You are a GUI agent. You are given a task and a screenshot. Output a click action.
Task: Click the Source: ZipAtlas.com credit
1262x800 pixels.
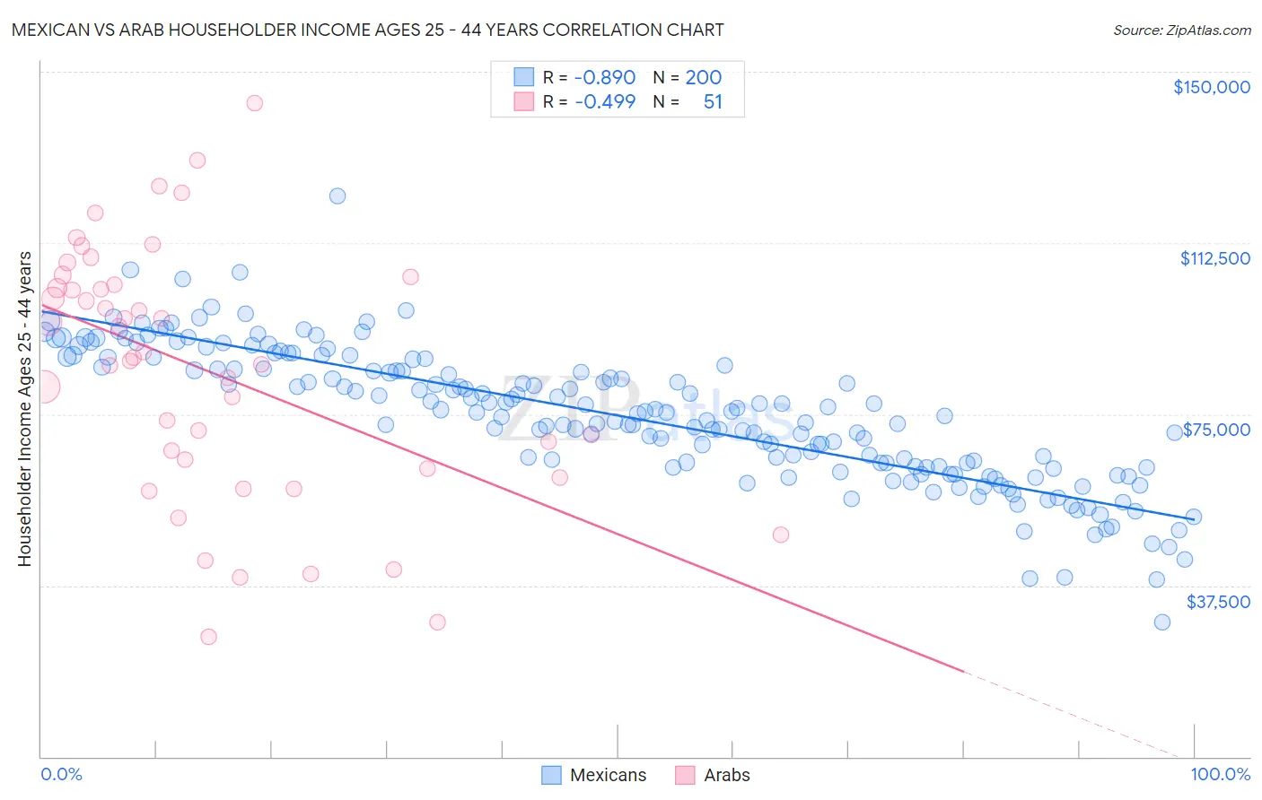click(1181, 30)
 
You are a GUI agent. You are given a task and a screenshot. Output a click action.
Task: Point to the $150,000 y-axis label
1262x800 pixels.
click(1211, 87)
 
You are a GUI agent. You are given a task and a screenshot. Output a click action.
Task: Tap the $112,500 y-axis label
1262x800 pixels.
click(1214, 258)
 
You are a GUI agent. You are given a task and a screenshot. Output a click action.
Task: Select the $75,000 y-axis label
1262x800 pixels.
click(1216, 430)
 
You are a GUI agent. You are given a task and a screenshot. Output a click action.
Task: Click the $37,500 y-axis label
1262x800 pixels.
click(1218, 602)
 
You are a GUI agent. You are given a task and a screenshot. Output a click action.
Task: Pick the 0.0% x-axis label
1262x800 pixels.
click(61, 774)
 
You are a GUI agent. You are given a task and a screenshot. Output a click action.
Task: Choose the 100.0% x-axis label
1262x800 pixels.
click(1220, 774)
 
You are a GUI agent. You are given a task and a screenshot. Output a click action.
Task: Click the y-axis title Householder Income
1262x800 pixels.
click(24, 408)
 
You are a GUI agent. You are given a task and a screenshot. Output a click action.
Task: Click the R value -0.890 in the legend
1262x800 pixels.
click(604, 77)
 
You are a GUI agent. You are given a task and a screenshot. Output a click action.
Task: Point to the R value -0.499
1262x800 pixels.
click(604, 101)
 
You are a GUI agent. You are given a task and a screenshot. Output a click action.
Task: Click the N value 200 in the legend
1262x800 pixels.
click(703, 77)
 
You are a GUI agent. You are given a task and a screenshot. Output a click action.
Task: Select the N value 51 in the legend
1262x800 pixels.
click(713, 101)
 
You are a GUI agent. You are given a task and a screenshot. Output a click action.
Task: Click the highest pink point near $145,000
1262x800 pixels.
click(254, 103)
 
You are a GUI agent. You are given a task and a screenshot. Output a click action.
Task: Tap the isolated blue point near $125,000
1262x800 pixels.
click(337, 196)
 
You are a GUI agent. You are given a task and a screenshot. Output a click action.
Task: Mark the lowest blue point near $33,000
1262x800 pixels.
click(1162, 622)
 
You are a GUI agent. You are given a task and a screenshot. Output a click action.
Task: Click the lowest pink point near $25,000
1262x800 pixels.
click(208, 637)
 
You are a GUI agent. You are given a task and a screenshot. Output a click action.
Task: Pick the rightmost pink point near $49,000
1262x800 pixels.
click(781, 535)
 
